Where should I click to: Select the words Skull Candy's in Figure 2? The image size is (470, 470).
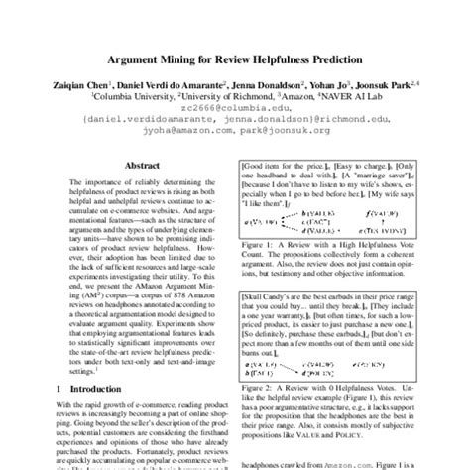coord(275,295)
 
